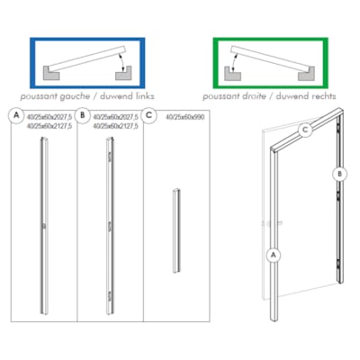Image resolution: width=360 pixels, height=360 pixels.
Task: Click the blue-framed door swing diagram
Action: [80, 62]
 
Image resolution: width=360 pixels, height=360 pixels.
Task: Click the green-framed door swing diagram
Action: [273, 62]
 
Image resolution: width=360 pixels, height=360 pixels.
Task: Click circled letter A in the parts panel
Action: [15, 115]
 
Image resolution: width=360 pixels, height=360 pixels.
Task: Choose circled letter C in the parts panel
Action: [150, 115]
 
